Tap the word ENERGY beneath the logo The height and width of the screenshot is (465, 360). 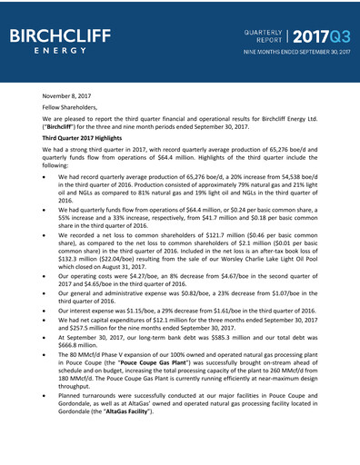[61, 51]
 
